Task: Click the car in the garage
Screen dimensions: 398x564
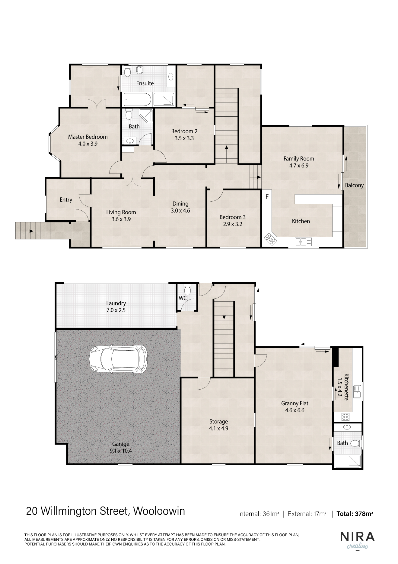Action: pos(118,358)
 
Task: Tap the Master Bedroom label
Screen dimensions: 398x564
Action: pos(88,137)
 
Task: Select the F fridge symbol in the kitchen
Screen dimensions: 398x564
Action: pos(267,197)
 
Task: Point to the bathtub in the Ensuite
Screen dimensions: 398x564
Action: pos(137,99)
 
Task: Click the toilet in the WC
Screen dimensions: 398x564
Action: pos(187,289)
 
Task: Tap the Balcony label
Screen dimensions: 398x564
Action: pos(354,185)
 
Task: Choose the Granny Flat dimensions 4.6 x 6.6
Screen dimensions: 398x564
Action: pos(295,410)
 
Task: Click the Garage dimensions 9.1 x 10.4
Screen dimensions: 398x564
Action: pos(121,451)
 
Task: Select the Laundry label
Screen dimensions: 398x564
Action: pos(116,303)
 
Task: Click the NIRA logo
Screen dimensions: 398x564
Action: pos(357,537)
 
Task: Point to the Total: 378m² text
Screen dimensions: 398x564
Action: pos(355,514)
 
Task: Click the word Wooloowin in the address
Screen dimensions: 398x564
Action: pos(159,511)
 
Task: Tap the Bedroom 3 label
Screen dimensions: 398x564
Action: pos(232,217)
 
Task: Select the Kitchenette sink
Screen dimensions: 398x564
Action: pos(358,392)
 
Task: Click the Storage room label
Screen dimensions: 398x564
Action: pos(218,421)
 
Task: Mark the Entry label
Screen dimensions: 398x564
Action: pos(66,200)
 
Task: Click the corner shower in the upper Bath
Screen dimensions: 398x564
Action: pos(146,116)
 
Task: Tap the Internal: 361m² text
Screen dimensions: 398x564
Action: pos(259,514)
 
